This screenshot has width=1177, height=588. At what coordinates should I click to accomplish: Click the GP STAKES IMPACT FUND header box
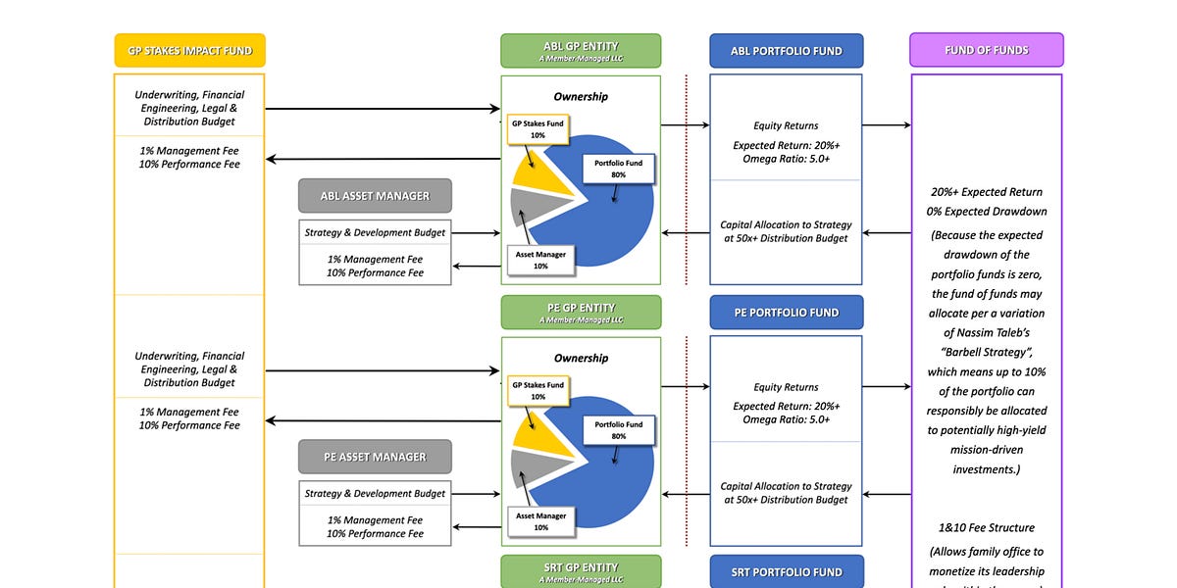tap(189, 51)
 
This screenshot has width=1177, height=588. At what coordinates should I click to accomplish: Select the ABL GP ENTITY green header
tap(581, 51)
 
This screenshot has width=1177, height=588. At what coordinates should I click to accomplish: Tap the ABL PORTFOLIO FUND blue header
tap(786, 51)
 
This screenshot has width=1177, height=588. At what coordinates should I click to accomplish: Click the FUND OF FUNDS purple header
tap(986, 50)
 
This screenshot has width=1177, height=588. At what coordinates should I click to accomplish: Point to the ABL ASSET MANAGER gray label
tap(375, 196)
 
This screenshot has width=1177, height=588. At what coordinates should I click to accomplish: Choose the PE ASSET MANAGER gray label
tap(375, 457)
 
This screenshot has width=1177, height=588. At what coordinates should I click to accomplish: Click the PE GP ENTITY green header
tap(581, 312)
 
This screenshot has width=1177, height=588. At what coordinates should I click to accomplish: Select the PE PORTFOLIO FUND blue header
tap(786, 313)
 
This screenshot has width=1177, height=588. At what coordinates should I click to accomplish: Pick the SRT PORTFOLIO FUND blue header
tap(786, 572)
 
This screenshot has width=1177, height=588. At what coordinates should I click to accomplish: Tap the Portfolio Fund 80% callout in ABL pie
tap(618, 169)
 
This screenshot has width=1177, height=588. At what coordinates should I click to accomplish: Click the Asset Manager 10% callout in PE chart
tap(540, 521)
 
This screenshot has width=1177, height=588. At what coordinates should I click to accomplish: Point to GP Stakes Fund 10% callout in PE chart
tap(537, 391)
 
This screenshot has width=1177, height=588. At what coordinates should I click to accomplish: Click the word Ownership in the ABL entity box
tap(581, 97)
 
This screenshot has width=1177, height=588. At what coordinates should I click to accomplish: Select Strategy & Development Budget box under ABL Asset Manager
tap(375, 233)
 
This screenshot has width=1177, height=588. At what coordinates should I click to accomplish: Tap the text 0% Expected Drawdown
tap(986, 212)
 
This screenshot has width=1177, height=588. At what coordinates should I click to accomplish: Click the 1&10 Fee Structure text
tap(986, 528)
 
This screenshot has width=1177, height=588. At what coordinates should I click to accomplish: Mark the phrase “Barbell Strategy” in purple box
tap(986, 353)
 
